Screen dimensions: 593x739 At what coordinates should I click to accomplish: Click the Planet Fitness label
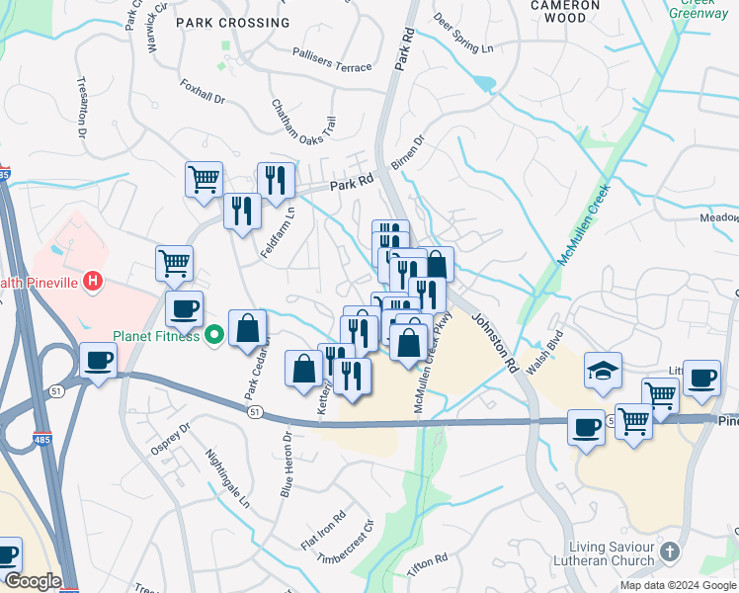(x=157, y=334)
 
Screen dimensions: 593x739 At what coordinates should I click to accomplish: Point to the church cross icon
(x=669, y=551)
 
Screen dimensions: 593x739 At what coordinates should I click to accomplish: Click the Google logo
(x=32, y=581)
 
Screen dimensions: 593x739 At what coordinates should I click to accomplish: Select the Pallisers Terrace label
(x=332, y=59)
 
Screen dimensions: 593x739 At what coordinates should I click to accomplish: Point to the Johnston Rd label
(x=494, y=342)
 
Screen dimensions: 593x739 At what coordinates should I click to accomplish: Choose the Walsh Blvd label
(x=544, y=352)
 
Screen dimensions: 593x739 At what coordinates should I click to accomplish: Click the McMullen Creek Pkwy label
(x=433, y=365)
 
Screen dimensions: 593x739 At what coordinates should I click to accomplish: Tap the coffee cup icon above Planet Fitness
(x=184, y=308)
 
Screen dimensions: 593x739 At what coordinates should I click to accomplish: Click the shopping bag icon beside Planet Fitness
(x=247, y=328)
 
